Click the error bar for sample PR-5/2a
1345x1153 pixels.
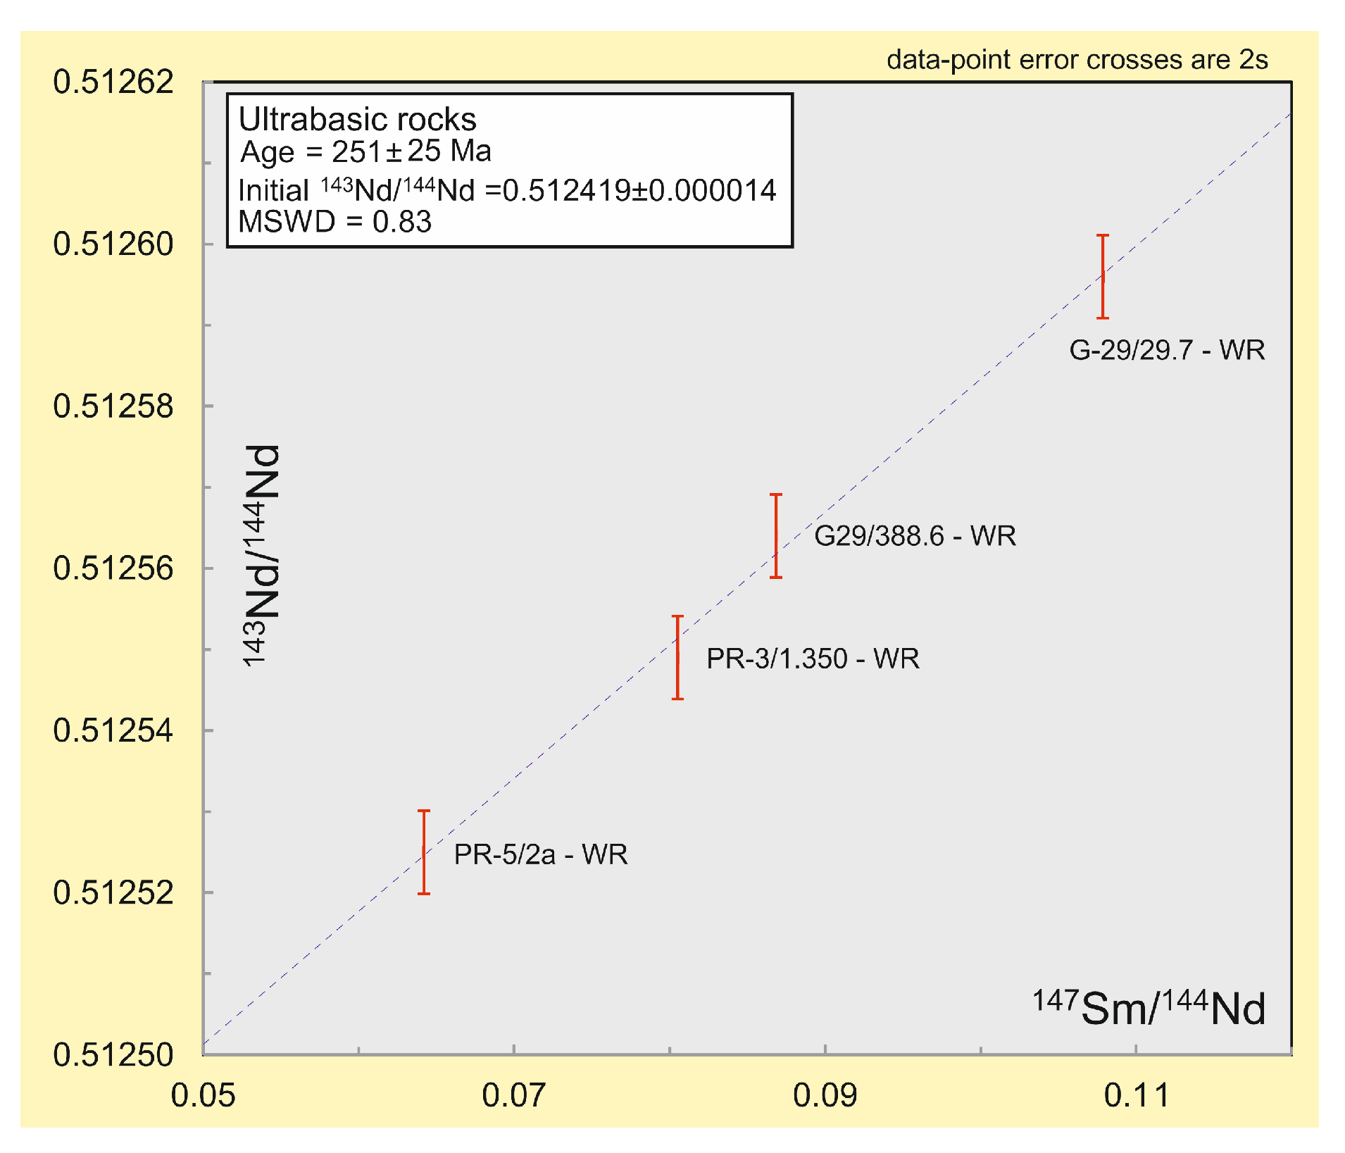click(x=424, y=852)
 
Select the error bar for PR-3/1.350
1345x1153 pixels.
click(x=677, y=657)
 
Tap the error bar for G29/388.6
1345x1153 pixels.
click(x=776, y=536)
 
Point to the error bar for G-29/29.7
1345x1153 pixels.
click(x=1103, y=277)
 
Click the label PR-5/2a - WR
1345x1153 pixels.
click(x=540, y=854)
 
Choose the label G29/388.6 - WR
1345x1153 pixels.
click(x=915, y=536)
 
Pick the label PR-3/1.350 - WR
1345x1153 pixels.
click(x=813, y=659)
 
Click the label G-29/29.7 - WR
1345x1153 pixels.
click(x=1167, y=350)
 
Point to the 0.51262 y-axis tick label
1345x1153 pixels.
click(x=113, y=82)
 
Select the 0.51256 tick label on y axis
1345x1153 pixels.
click(x=113, y=568)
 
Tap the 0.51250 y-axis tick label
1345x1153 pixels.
click(x=113, y=1054)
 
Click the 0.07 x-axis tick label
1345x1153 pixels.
click(x=513, y=1095)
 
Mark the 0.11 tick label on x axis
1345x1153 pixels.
click(x=1136, y=1095)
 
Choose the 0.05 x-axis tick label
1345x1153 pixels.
click(x=203, y=1095)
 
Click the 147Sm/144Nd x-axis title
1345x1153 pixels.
click(x=1149, y=1007)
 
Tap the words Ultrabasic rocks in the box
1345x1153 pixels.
click(x=357, y=120)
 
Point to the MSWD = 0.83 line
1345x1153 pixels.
click(x=334, y=222)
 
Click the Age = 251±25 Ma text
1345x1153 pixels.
click(x=365, y=151)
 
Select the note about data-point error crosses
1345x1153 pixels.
click(x=1077, y=60)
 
